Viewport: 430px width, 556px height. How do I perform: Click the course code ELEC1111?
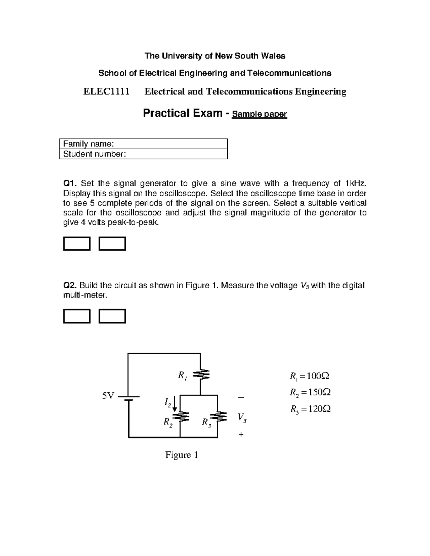click(x=106, y=92)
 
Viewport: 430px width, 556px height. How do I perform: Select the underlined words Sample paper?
click(x=259, y=114)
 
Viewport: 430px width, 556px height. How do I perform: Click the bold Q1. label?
click(x=70, y=184)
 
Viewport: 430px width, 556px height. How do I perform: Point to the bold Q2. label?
click(x=70, y=285)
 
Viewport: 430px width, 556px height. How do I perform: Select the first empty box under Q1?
click(x=77, y=243)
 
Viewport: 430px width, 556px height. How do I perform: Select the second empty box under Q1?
click(x=112, y=243)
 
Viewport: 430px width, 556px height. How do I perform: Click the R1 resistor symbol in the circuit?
click(x=200, y=375)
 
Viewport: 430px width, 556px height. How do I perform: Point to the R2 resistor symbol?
click(x=180, y=417)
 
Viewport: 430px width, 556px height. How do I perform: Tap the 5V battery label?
click(x=108, y=396)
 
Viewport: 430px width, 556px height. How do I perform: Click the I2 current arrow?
click(x=175, y=404)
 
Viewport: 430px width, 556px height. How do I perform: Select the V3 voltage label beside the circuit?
click(x=242, y=417)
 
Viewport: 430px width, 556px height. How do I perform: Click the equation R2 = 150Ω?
click(x=310, y=393)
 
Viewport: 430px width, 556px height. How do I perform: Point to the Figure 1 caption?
click(x=181, y=455)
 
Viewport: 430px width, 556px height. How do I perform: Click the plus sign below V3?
click(x=241, y=434)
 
